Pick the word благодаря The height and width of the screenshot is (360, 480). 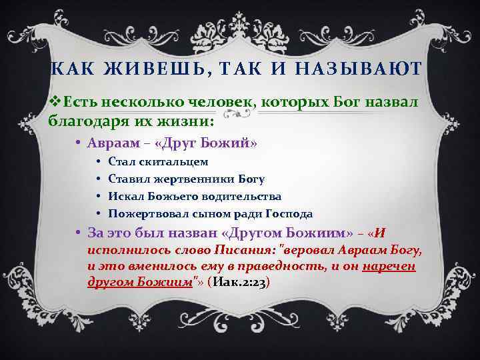[91, 121]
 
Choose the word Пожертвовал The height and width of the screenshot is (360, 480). [145, 214]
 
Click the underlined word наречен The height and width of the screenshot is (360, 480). [389, 267]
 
